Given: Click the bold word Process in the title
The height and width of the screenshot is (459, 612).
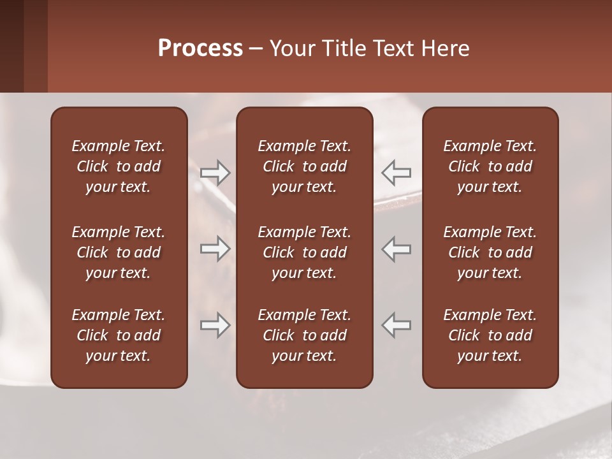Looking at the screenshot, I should coord(200,48).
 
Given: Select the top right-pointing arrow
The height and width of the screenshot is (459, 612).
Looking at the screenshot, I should coord(215,173).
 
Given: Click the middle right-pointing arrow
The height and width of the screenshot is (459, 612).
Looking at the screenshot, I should coord(215,249).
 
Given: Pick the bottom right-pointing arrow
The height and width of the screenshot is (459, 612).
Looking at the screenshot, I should coord(215,325).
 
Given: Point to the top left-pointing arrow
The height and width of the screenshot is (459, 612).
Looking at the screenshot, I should coord(396,173).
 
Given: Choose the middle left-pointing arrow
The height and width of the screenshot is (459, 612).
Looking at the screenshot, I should coord(396,249).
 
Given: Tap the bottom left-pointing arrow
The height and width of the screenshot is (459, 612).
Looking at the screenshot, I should coord(396,325).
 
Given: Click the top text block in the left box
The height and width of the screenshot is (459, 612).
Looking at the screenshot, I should coord(119,166).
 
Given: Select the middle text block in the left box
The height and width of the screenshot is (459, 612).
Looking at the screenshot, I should coord(119,252).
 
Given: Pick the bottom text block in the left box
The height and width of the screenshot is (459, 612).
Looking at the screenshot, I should coord(119,335).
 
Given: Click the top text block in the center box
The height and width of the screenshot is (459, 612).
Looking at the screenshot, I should coord(305,166).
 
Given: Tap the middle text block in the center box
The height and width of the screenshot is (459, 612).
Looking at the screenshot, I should coord(305,252).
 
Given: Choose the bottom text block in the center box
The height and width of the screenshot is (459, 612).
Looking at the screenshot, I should coord(305,335).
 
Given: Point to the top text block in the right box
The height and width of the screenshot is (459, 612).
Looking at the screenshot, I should coord(490,166).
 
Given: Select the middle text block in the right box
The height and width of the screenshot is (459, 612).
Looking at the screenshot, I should coord(490,252).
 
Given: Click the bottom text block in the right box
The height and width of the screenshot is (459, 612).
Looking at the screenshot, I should coord(490,335).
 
